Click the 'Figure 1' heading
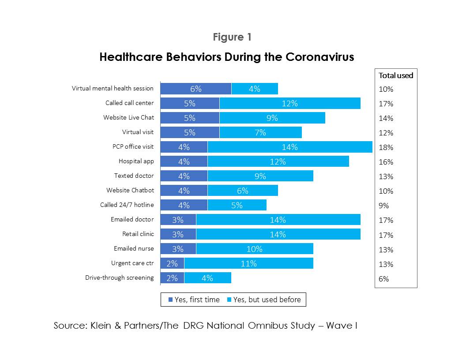pos(232,37)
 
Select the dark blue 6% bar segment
pos(195,89)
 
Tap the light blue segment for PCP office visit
pos(289,147)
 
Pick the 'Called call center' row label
pos(129,103)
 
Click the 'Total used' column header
pos(396,75)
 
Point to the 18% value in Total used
pos(386,147)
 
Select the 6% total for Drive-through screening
pos(384,279)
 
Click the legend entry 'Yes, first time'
pos(194,300)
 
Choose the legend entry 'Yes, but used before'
pos(264,300)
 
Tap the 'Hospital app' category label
pos(136,161)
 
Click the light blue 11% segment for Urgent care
pos(248,263)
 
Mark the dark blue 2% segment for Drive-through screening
pos(172,278)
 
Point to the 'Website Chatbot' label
pos(130,191)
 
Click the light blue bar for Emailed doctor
pos(278,220)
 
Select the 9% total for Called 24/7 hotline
pos(384,206)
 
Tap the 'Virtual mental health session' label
pos(113,89)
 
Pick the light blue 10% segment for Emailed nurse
pos(254,249)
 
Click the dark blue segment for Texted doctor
pos(184,176)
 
